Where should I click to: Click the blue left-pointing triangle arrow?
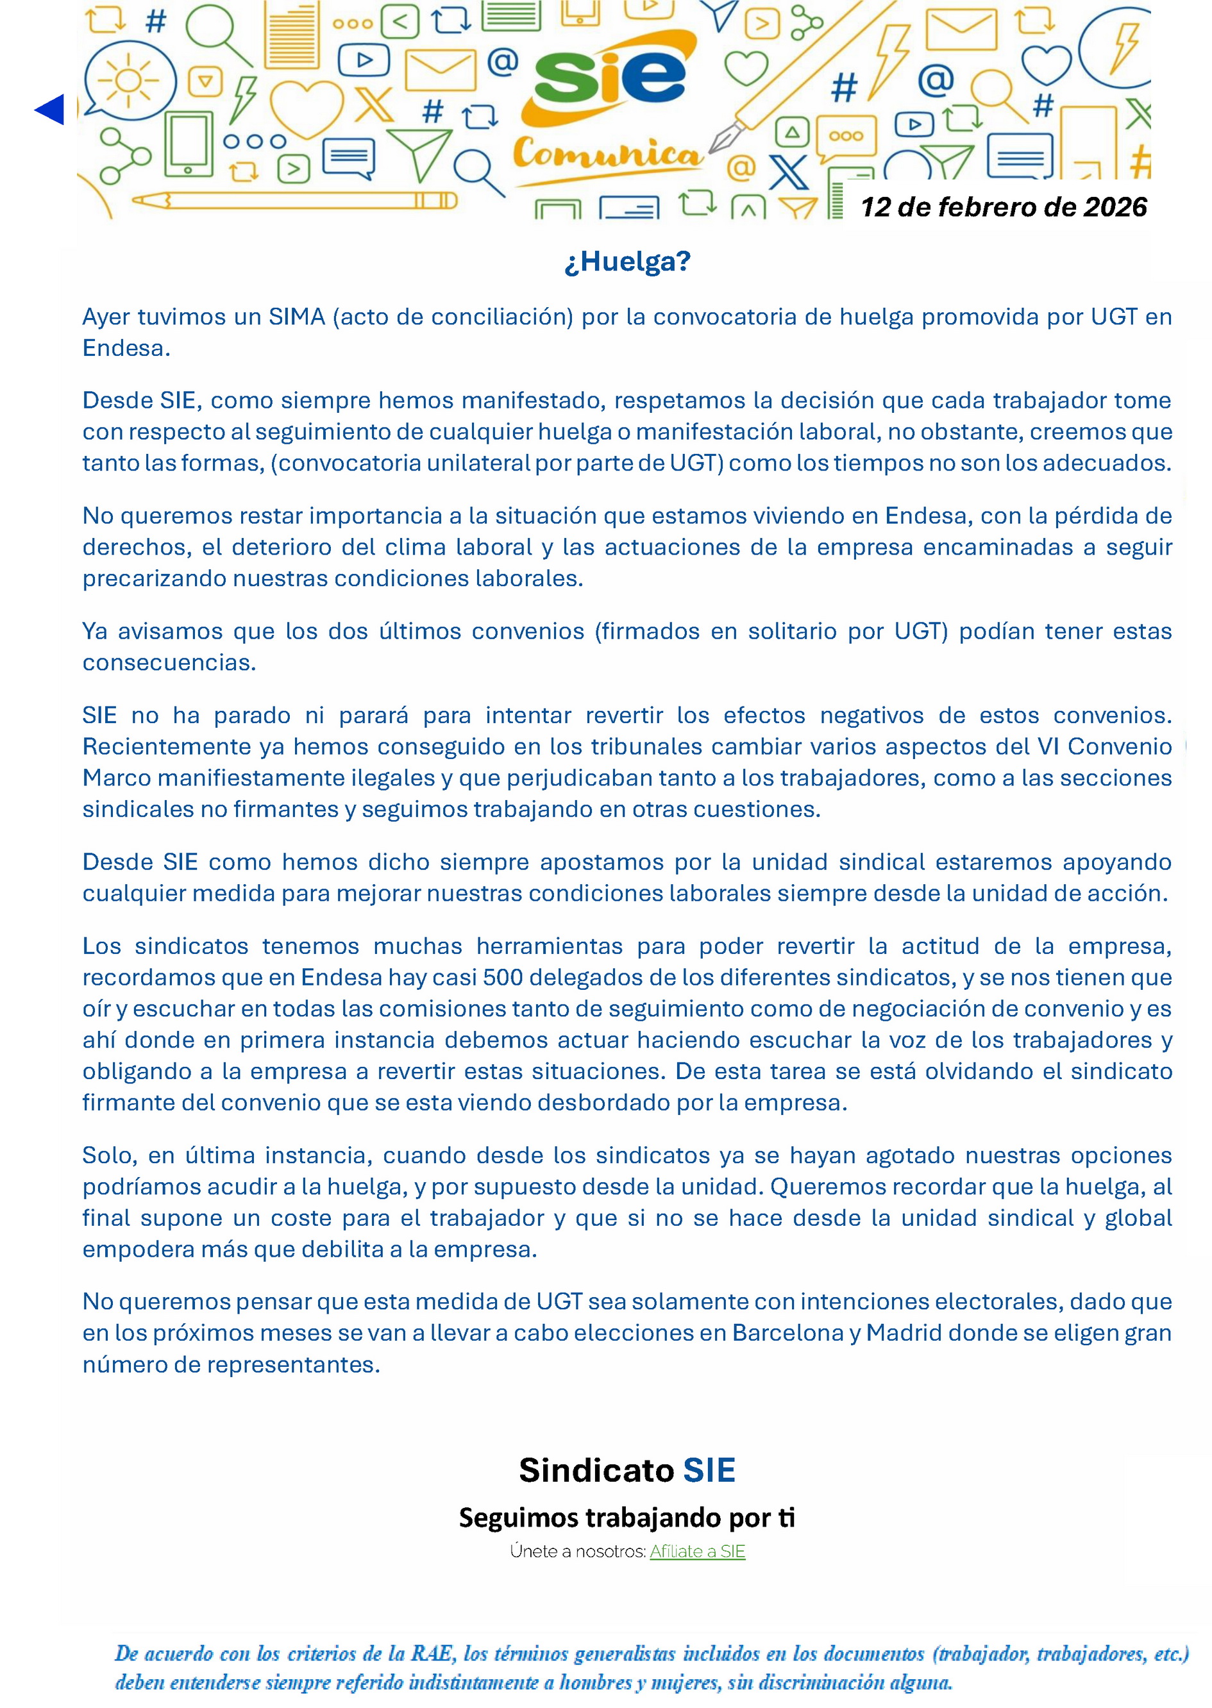coord(51,110)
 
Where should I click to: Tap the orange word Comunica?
coord(607,155)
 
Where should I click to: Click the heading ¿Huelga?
coord(627,261)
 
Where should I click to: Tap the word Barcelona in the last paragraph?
coord(787,1333)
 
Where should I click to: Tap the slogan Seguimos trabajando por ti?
coord(627,1517)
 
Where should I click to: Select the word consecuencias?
coord(169,662)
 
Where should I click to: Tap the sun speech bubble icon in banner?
coord(128,81)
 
